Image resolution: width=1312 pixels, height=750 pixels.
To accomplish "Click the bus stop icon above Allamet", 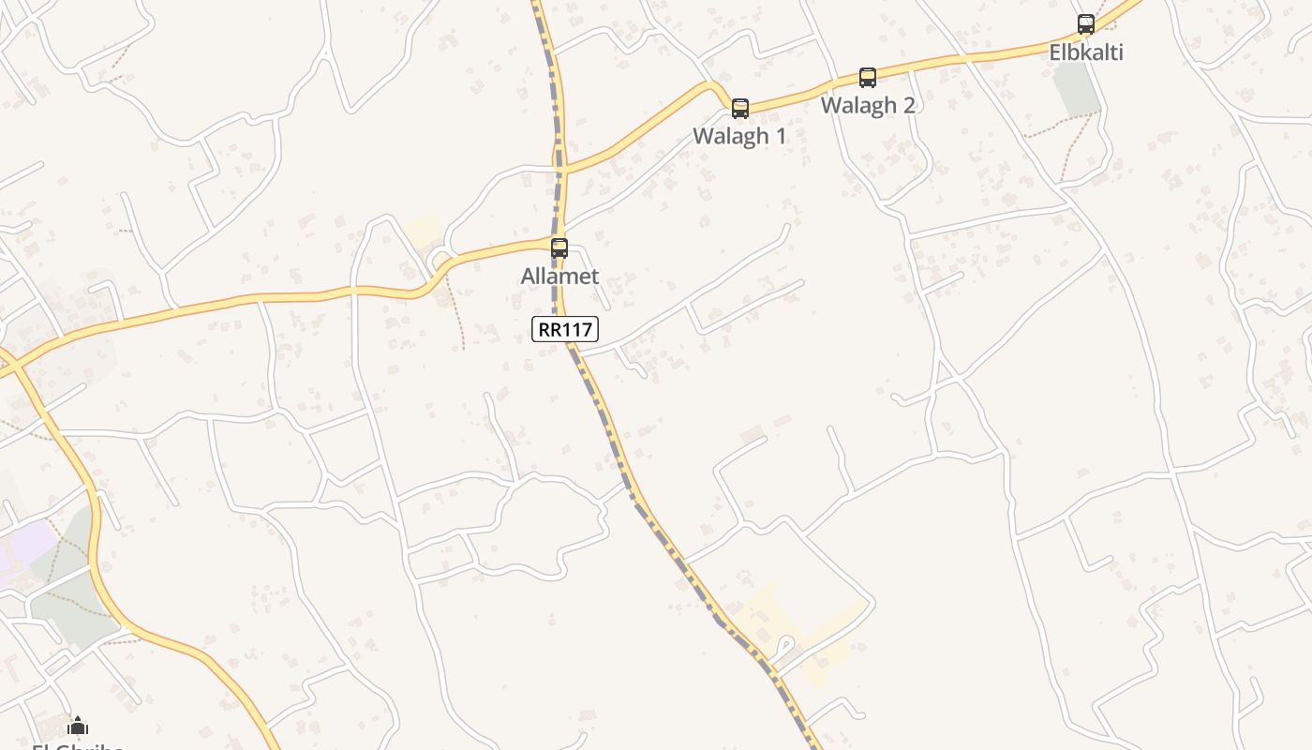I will (x=559, y=248).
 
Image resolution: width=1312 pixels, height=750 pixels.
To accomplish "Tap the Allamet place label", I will (x=559, y=277).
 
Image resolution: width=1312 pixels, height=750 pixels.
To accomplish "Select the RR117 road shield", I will (x=565, y=329).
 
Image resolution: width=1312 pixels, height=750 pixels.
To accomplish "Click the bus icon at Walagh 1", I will (x=740, y=109).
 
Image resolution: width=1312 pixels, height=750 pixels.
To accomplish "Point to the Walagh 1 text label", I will (x=739, y=136).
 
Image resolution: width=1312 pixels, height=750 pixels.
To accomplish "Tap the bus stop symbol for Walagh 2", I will (x=868, y=78).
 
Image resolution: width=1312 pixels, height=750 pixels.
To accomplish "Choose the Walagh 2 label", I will (x=868, y=105).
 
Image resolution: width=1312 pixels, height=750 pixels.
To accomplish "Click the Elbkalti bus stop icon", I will (x=1086, y=24).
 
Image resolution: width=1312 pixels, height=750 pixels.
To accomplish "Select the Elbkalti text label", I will (x=1086, y=52).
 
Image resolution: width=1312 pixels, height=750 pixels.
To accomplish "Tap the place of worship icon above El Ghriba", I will (x=78, y=726).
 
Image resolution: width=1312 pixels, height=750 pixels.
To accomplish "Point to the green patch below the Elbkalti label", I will (x=1076, y=89).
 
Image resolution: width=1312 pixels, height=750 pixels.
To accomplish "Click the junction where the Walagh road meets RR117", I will (x=561, y=172).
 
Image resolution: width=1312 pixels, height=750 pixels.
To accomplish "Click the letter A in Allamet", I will (x=529, y=277).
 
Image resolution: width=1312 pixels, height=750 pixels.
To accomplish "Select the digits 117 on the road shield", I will (x=577, y=329).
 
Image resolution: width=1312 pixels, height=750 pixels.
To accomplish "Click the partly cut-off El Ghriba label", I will (x=78, y=746).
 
